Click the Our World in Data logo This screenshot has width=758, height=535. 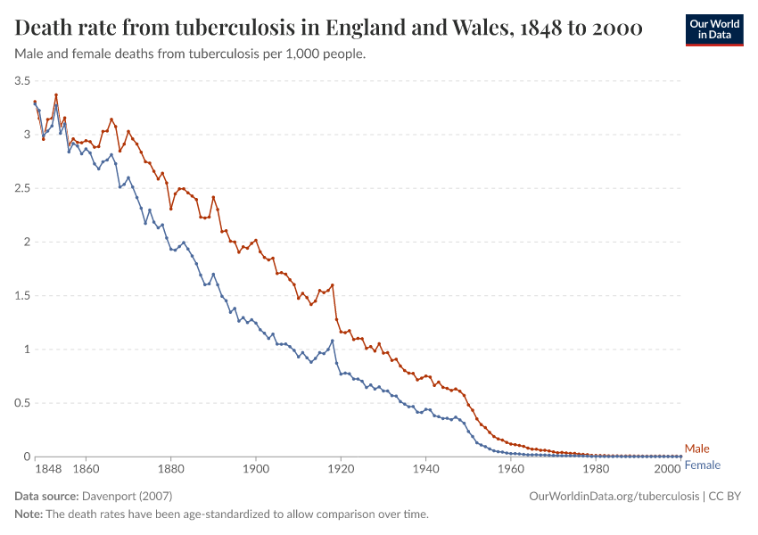pos(713,29)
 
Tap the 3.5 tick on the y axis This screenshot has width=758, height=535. pos(22,81)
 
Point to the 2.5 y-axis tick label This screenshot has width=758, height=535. pos(22,188)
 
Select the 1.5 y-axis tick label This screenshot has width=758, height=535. pos(22,296)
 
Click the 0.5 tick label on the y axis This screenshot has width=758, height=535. pos(22,403)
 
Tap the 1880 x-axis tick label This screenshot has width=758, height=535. pos(170,467)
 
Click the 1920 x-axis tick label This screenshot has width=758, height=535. pos(341,467)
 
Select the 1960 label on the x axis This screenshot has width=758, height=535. pos(511,467)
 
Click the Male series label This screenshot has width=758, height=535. pos(697,449)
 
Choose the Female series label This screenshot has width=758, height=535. pos(703,465)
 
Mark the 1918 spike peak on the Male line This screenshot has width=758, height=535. pos(333,285)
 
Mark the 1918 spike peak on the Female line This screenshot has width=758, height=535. pos(333,341)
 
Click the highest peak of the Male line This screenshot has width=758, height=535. pos(56,95)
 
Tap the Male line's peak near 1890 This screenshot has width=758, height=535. pos(213,197)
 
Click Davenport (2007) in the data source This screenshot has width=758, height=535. pos(127,496)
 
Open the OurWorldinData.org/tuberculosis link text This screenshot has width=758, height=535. pos(614,496)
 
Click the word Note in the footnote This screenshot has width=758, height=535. pos(28,514)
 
